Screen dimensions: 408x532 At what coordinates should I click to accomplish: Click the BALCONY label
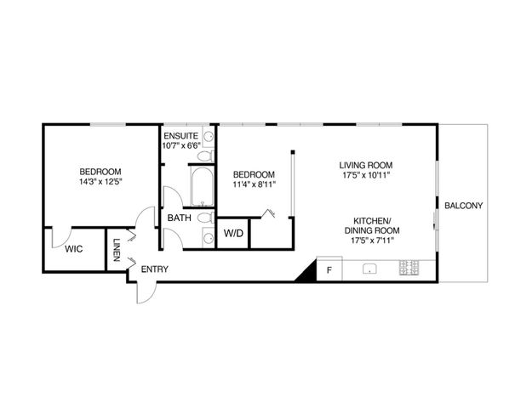click(463, 206)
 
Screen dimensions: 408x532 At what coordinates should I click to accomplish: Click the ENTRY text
click(154, 269)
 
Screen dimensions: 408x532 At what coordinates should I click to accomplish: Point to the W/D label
click(232, 233)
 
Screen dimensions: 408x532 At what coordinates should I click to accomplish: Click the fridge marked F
click(329, 270)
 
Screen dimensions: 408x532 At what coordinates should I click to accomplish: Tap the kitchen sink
click(370, 269)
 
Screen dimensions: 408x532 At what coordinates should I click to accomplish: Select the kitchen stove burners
click(408, 269)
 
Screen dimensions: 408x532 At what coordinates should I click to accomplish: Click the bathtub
click(201, 187)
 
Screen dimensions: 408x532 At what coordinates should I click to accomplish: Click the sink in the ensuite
click(209, 136)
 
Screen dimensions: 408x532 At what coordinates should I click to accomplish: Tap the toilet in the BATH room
click(204, 218)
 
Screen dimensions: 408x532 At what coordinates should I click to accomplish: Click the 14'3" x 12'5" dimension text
click(100, 181)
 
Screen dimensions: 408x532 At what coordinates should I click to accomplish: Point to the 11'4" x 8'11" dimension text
click(254, 183)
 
